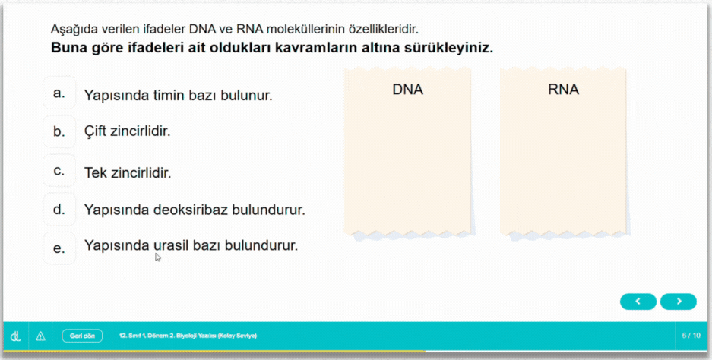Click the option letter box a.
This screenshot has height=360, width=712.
(59, 93)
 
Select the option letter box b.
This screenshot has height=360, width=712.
(59, 131)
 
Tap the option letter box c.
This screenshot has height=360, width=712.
(59, 170)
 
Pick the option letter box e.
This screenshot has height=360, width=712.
(59, 248)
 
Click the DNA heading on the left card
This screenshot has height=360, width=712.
(407, 90)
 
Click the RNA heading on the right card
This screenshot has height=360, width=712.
(563, 90)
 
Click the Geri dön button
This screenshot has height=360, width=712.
(82, 335)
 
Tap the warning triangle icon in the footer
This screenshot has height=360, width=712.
(41, 335)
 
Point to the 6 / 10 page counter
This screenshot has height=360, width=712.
(691, 335)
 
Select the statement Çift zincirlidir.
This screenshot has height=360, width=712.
(127, 131)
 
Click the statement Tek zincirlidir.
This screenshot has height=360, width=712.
(128, 173)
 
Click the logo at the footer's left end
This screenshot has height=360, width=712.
(15, 335)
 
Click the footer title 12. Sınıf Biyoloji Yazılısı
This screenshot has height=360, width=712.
(188, 335)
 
